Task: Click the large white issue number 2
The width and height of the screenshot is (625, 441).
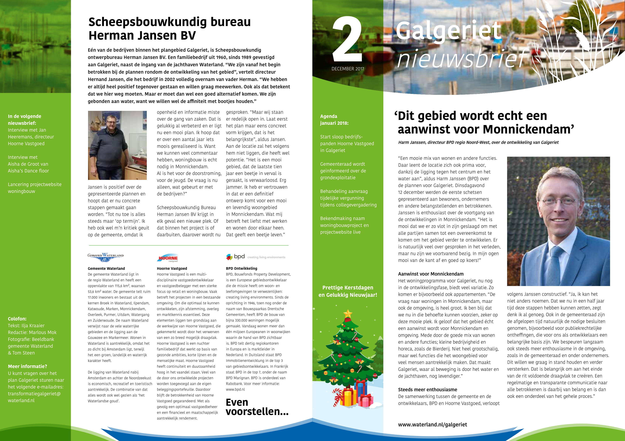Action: point(347,40)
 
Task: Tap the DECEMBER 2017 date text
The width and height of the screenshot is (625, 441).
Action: point(348,69)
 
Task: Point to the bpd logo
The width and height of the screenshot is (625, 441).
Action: point(236,256)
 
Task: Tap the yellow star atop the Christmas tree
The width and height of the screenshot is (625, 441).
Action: point(348,314)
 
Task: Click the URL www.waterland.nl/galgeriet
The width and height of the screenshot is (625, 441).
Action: point(432,424)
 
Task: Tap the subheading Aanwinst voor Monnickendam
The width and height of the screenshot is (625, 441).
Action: point(431,274)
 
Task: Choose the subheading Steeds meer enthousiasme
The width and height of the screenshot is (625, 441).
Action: point(427,389)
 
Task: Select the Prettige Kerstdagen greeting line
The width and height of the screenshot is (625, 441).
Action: point(348,288)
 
